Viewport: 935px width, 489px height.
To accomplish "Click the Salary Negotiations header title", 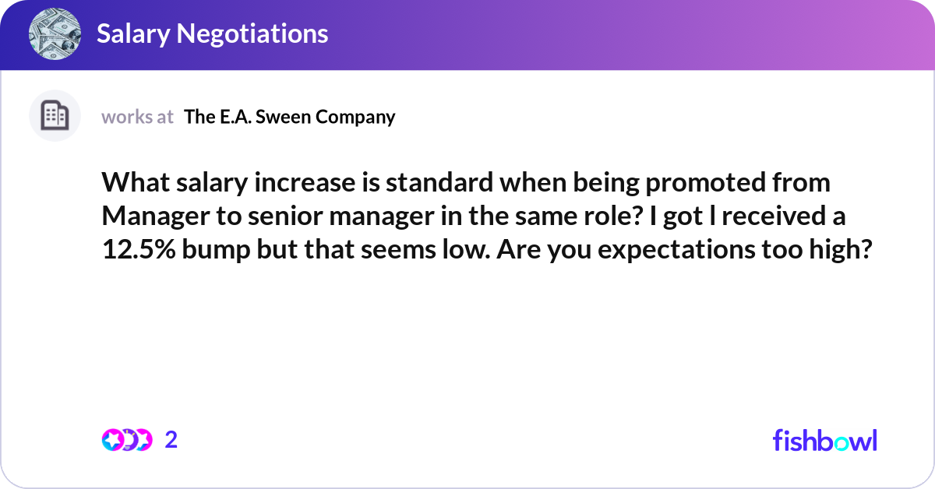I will [212, 33].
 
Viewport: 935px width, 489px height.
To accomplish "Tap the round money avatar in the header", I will [55, 33].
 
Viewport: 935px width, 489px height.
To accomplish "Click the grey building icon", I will [55, 116].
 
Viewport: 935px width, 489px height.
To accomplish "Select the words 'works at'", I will [137, 117].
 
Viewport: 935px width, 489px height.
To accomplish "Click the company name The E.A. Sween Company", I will [289, 117].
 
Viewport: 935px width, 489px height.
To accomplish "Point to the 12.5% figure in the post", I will [137, 250].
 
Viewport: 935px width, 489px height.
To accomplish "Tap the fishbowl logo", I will [824, 440].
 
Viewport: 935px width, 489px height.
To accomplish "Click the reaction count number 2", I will [171, 440].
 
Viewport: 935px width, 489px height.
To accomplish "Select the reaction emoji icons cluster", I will [126, 440].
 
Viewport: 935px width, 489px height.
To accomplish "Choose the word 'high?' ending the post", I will [838, 250].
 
